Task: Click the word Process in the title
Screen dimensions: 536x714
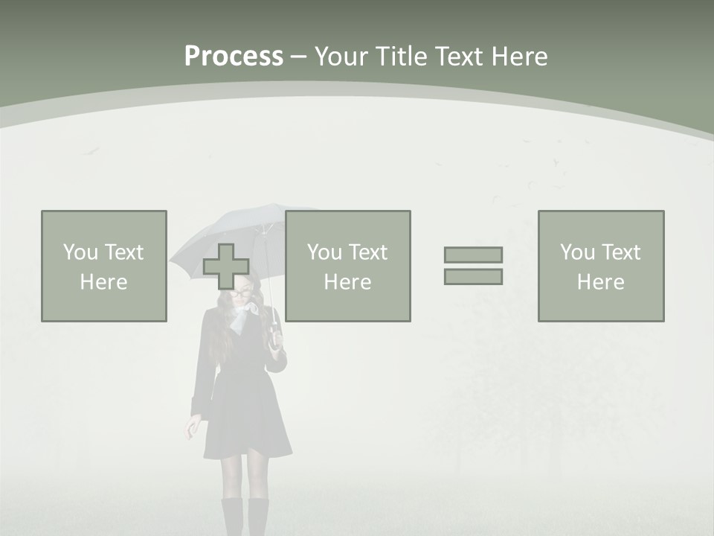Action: point(234,57)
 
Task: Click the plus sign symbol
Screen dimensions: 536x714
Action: point(226,267)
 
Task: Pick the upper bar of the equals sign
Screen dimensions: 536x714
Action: point(473,255)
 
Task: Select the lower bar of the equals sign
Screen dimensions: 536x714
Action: point(473,276)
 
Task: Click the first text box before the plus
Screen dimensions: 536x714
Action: point(104,266)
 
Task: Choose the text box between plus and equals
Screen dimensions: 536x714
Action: point(347,266)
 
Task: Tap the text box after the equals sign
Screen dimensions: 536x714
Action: point(600,266)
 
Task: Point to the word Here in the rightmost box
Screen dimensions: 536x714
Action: point(600,282)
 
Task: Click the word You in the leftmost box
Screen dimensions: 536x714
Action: point(80,252)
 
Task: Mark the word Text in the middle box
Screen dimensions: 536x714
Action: point(367,252)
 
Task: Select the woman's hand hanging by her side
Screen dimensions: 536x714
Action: point(193,427)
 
